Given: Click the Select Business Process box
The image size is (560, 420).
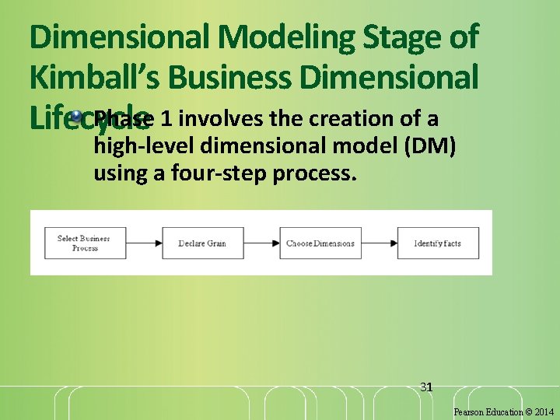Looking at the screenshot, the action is (x=84, y=243).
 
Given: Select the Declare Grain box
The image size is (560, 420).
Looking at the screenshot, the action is (x=202, y=243).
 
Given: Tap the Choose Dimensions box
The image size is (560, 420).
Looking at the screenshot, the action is (x=320, y=243).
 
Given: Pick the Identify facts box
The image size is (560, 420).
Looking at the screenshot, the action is (x=437, y=243).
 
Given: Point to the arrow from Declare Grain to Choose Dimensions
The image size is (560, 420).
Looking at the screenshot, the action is (x=261, y=243).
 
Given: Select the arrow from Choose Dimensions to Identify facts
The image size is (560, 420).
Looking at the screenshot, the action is (x=379, y=243).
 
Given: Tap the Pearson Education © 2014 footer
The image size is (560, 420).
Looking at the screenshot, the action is (x=503, y=411).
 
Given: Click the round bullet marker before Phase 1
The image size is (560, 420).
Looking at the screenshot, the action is (x=76, y=117).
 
